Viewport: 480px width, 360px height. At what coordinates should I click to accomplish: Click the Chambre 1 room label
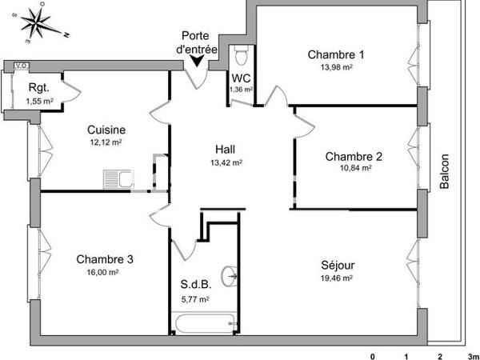[x=336, y=55]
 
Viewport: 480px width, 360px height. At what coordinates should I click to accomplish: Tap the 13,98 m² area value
[x=336, y=68]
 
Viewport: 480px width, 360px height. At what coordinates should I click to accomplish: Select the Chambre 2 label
[x=354, y=156]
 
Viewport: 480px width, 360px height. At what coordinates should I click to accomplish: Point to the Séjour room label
[x=338, y=265]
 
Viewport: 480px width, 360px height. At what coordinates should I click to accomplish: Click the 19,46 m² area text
[x=338, y=278]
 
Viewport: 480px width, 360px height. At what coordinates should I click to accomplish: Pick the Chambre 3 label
[x=105, y=258]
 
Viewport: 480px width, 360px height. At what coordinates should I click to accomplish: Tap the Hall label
[x=226, y=149]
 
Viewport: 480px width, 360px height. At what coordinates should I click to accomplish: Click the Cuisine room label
[x=106, y=130]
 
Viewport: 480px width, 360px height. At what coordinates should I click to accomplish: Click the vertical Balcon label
[x=445, y=170]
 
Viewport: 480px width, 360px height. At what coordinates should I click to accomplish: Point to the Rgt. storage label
[x=39, y=89]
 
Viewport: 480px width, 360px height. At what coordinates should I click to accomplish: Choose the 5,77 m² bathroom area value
[x=195, y=299]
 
